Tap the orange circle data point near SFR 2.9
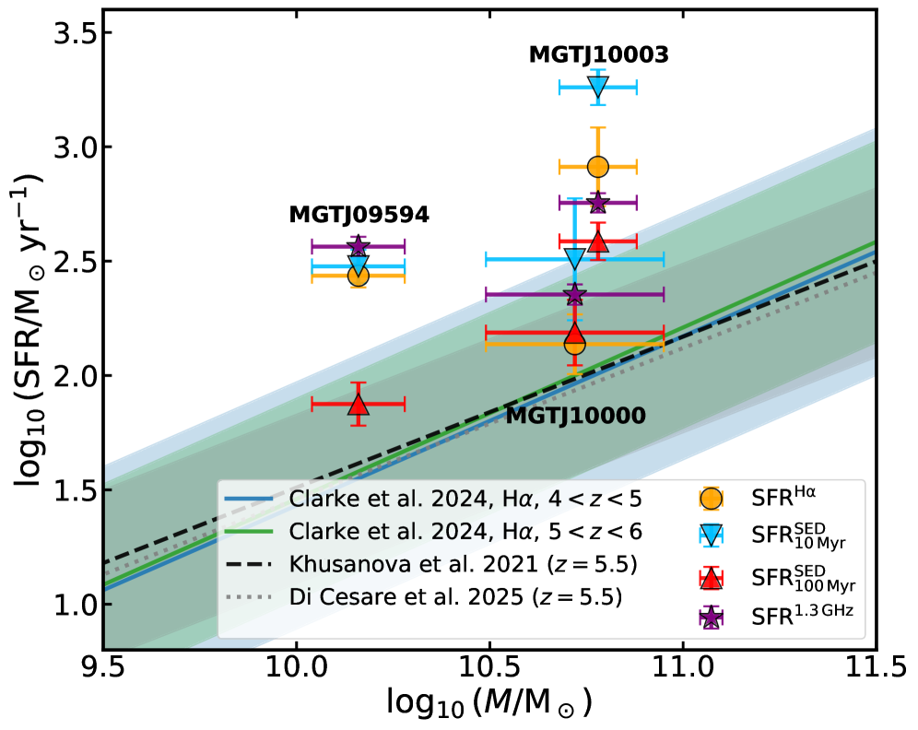pyautogui.click(x=598, y=167)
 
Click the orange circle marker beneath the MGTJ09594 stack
pyautogui.click(x=359, y=275)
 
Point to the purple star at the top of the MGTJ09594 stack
pyautogui.click(x=359, y=246)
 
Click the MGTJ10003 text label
pyautogui.click(x=598, y=55)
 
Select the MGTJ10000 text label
pyautogui.click(x=575, y=416)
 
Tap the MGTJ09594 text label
pyautogui.click(x=359, y=215)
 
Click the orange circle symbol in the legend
pyautogui.click(x=711, y=498)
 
